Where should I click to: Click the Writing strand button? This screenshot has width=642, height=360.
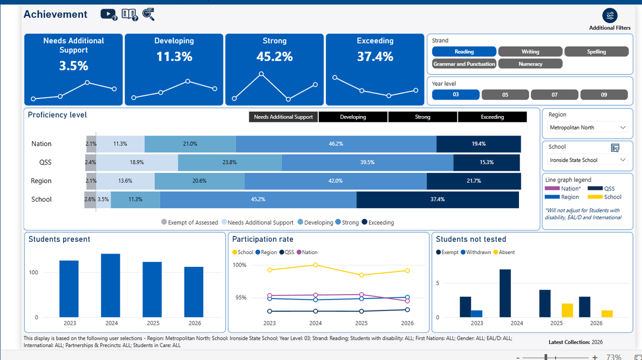click(530, 51)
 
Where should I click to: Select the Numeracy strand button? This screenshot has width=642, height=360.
click(530, 64)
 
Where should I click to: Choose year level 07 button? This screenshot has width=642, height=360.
click(554, 95)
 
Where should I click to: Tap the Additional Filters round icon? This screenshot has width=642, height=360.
click(609, 16)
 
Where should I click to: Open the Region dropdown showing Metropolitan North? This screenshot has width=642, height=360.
click(587, 127)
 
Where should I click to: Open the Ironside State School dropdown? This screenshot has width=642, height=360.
click(587, 160)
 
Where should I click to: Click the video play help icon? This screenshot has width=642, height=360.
click(109, 14)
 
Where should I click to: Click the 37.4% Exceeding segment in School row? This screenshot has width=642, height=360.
click(438, 200)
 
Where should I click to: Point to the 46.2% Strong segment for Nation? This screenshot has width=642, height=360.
click(336, 144)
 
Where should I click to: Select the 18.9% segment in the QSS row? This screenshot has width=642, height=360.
click(137, 163)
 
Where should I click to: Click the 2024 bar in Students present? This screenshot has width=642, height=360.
click(111, 286)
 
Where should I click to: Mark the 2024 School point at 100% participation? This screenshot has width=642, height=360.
click(316, 265)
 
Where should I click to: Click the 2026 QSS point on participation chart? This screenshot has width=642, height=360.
click(407, 310)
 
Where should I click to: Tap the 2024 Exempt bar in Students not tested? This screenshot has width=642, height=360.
click(505, 293)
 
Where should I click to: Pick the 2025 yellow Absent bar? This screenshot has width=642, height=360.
click(567, 310)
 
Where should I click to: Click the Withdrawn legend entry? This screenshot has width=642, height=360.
click(476, 252)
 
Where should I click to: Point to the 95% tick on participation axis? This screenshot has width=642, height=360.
click(241, 298)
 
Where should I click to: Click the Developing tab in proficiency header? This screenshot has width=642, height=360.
click(353, 117)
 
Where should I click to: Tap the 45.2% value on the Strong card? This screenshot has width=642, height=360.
click(274, 57)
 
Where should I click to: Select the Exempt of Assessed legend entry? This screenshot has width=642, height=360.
click(190, 223)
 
